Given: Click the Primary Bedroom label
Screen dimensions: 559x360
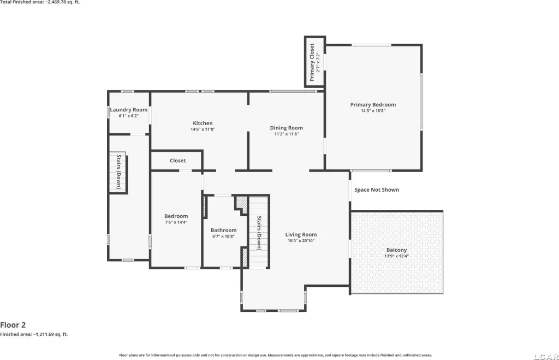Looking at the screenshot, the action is point(373,104).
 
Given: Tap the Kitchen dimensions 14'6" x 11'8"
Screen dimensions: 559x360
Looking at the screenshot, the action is point(203,129).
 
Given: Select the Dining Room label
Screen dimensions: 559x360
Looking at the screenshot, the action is point(286,128).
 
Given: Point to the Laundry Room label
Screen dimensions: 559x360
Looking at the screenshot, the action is point(129,110).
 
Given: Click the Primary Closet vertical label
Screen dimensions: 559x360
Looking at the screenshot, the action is point(312,62).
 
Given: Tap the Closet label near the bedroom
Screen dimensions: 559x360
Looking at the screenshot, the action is point(177,161).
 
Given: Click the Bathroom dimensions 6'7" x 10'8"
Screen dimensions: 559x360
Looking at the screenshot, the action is point(223,236).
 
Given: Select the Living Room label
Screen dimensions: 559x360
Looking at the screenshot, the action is point(301,234).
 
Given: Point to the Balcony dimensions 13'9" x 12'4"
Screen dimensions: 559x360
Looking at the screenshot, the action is point(396,256).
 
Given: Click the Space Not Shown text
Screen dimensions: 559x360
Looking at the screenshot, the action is point(377,190).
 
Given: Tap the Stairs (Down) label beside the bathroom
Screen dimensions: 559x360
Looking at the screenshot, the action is point(259,233).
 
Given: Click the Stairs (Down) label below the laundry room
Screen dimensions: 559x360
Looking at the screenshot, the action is point(118,172).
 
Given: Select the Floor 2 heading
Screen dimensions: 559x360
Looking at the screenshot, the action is point(13,325).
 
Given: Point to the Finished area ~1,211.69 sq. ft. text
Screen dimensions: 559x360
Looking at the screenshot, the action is point(34,334).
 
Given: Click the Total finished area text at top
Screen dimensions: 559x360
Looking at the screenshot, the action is point(40,2).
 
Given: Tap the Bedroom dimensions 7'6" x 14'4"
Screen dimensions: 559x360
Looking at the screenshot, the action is point(176,222).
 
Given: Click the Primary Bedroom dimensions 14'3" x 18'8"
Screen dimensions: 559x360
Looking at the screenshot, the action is point(373,110).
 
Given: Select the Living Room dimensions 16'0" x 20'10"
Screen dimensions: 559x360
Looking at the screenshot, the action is point(301,241).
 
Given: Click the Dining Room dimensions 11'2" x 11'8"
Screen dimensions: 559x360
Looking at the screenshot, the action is point(286,134).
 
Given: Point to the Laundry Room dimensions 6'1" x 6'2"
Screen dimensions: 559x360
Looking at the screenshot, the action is point(129,116).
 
